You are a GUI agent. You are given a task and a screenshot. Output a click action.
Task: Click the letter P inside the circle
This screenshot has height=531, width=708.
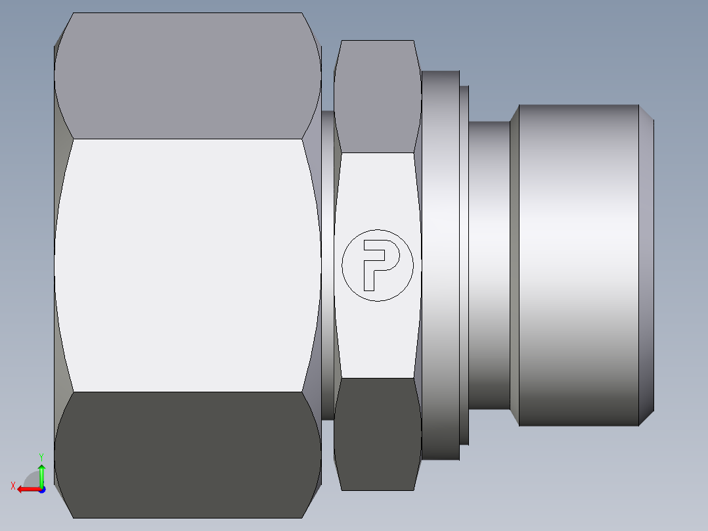(376, 263)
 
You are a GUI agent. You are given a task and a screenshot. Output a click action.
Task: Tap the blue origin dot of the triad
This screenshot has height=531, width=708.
(41, 489)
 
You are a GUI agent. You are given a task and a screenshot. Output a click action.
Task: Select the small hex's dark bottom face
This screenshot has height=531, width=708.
(377, 434)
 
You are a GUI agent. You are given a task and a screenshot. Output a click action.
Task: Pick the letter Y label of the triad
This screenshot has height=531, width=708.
(41, 455)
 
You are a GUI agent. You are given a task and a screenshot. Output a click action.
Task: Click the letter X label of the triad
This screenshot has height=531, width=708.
(13, 486)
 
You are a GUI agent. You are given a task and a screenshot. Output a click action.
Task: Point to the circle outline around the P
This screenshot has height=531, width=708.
(342, 265)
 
